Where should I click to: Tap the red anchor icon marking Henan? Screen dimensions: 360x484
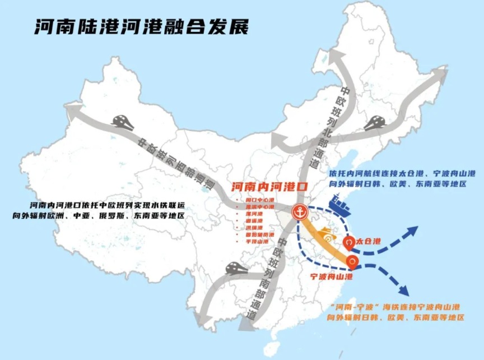(x=299, y=212)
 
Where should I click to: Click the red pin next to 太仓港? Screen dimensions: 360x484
(x=348, y=243)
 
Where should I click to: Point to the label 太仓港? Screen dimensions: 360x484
(x=368, y=242)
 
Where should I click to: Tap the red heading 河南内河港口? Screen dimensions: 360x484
(x=268, y=186)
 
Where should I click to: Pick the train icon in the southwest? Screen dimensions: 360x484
(x=238, y=269)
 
